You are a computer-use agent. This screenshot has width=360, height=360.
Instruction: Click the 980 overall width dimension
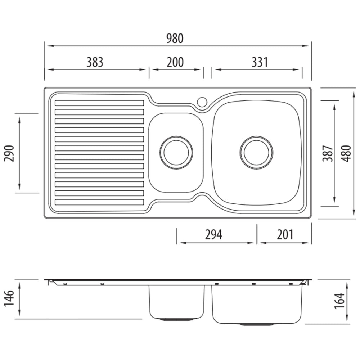click(175, 39)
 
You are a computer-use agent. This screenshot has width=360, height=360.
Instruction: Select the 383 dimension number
click(95, 62)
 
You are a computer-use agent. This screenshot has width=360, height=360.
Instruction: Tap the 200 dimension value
click(175, 62)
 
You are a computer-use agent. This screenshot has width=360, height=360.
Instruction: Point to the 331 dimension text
click(260, 62)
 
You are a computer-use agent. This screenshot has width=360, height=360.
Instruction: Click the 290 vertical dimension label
click(9, 153)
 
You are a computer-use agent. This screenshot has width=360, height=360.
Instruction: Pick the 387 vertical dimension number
click(328, 153)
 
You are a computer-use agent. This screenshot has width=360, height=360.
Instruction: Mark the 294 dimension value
click(213, 235)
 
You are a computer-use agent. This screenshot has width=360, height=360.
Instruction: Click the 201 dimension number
click(285, 235)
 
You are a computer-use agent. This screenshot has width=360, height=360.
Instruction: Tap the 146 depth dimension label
click(9, 298)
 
